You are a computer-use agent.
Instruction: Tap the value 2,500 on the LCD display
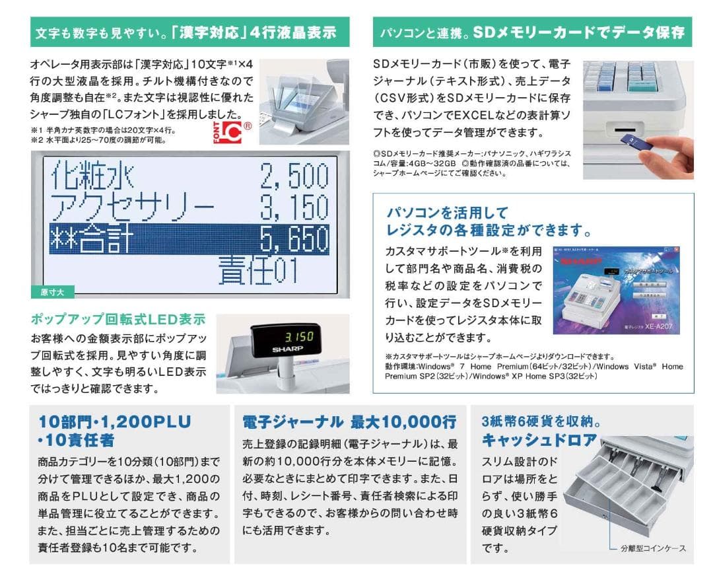tap(294, 177)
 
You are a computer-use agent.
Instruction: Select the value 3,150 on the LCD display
tap(294, 207)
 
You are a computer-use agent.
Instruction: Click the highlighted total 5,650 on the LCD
tap(294, 238)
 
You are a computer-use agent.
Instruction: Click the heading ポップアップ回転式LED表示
tap(118, 320)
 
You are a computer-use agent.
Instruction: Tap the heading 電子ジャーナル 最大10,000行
tap(349, 421)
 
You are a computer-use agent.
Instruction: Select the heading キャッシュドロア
tap(539, 439)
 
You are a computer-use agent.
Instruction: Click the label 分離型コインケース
tap(653, 548)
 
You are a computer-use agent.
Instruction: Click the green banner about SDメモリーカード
tap(532, 32)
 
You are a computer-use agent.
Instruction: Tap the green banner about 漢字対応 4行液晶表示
tap(189, 32)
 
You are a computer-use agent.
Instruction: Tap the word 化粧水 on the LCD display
tap(90, 177)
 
